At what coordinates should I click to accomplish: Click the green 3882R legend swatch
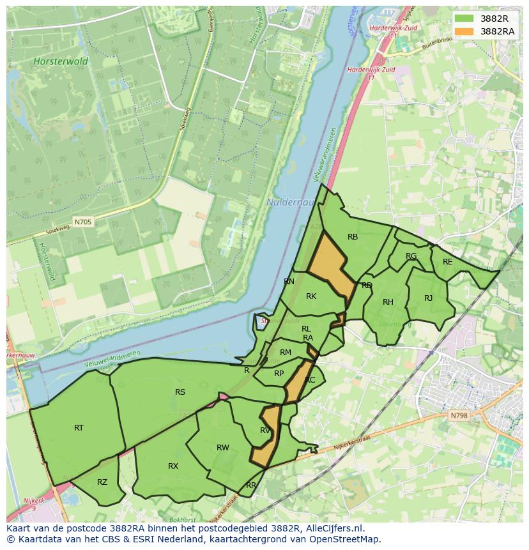[464, 19]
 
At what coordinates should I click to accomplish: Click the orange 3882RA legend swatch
[464, 31]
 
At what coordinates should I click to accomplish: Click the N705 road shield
[82, 222]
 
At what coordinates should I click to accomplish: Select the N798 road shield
[459, 416]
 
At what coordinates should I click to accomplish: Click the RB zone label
[353, 237]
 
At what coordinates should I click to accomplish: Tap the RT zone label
[79, 428]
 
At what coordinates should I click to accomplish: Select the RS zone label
[180, 392]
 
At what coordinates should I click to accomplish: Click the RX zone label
[173, 466]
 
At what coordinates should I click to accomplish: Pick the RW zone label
[222, 448]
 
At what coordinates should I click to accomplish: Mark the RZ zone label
[102, 482]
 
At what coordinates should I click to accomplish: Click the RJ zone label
[428, 298]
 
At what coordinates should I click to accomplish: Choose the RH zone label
[388, 302]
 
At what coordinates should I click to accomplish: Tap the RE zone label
[447, 262]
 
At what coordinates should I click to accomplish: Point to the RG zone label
[411, 256]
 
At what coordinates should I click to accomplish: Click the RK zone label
[311, 296]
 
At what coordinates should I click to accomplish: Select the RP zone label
[279, 374]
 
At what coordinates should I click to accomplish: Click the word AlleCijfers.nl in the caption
[333, 528]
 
